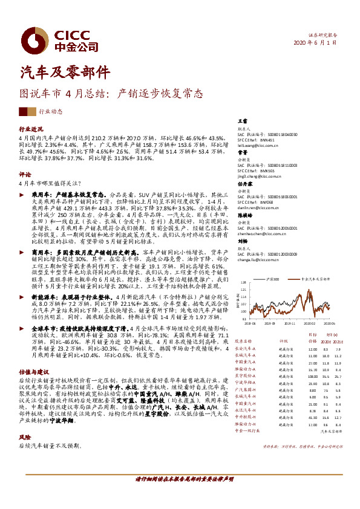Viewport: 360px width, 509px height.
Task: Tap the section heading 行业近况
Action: (x=31, y=129)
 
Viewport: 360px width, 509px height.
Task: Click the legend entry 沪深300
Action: (x=271, y=279)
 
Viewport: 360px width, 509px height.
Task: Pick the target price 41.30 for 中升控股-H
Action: (x=312, y=417)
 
